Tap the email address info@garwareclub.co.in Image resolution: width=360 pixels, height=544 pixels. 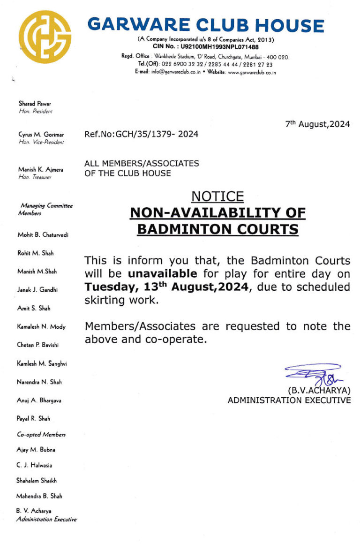pyautogui.click(x=176, y=72)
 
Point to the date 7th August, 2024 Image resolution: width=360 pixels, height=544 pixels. pyautogui.click(x=317, y=124)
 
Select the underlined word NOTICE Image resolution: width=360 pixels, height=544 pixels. pyautogui.click(x=217, y=196)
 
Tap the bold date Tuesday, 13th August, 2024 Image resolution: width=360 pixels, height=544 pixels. pyautogui.click(x=166, y=287)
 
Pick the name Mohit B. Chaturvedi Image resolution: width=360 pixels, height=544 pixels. pyautogui.click(x=43, y=234)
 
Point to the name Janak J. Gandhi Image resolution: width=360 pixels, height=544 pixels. pyautogui.click(x=37, y=290)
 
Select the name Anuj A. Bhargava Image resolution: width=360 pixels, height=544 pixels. pyautogui.click(x=39, y=400)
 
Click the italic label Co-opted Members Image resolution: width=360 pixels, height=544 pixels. pyautogui.click(x=41, y=435)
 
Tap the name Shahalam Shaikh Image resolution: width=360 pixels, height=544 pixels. pyautogui.click(x=37, y=481)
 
